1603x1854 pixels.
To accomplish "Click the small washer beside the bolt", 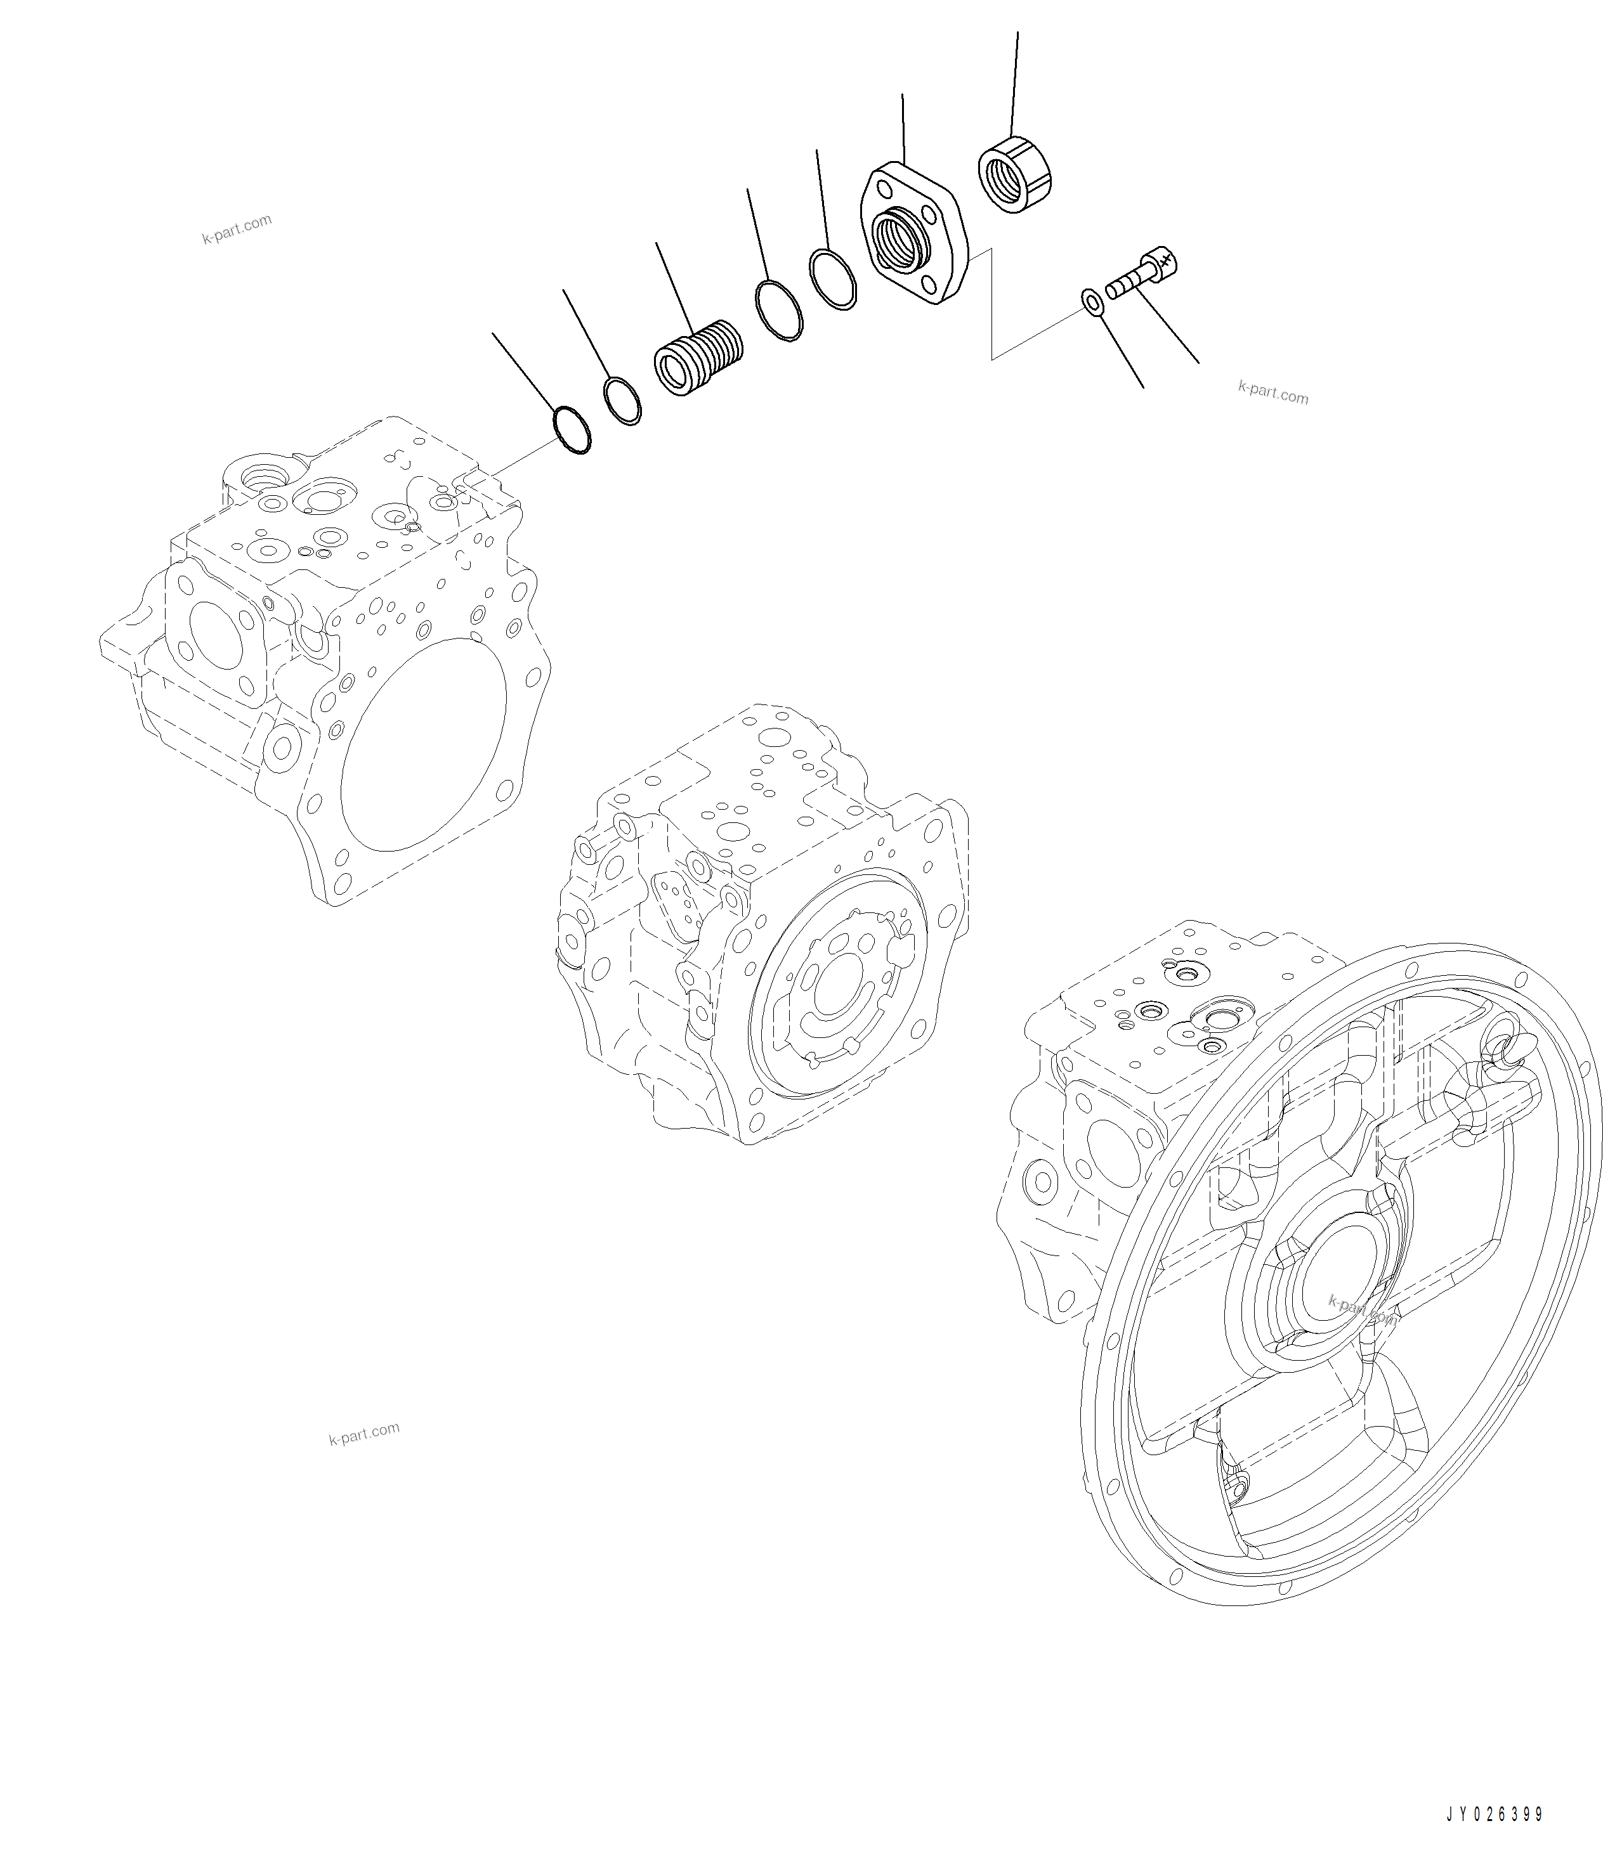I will click(x=1092, y=302).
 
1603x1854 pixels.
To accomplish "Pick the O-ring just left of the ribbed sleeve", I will click(x=623, y=401).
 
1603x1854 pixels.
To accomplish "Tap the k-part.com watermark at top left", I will click(x=236, y=229).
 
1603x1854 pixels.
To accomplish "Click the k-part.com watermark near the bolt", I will click(x=1272, y=393).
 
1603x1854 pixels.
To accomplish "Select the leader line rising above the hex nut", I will click(x=1014, y=81).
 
